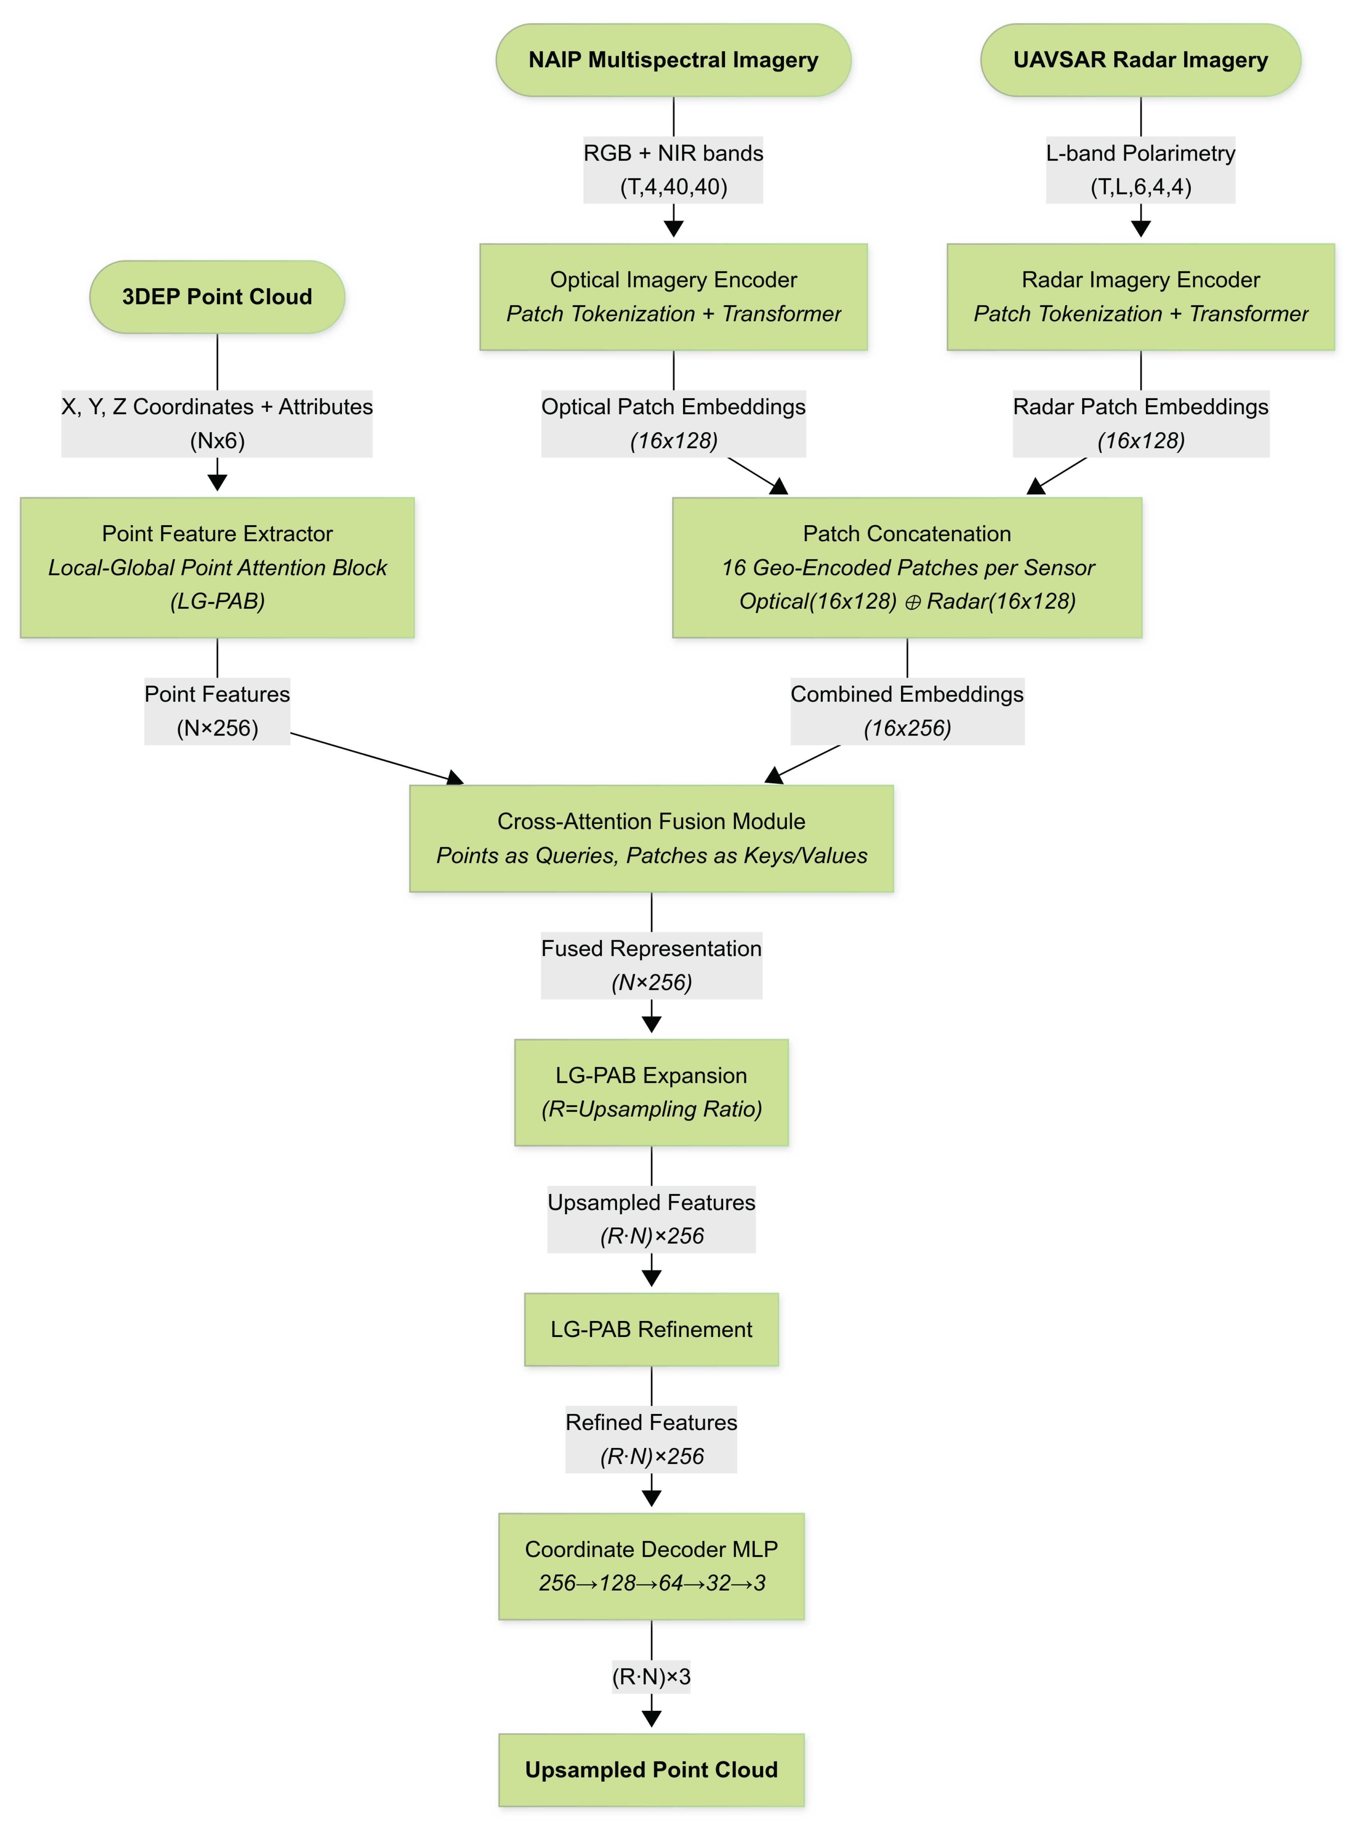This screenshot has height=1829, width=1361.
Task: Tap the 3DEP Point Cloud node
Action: (x=217, y=297)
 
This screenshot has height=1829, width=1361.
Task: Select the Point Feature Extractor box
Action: (x=217, y=567)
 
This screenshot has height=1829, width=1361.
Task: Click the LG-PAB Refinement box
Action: (x=651, y=1329)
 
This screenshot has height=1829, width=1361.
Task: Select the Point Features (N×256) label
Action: (x=217, y=710)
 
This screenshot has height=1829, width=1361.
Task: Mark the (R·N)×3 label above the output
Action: (x=651, y=1677)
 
